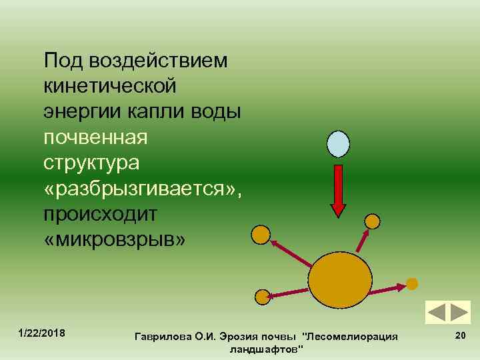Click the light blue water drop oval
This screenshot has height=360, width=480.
[x=338, y=143]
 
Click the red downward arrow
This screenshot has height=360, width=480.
[x=339, y=189]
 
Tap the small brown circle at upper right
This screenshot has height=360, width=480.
[x=373, y=221]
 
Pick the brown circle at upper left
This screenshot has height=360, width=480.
[x=260, y=234]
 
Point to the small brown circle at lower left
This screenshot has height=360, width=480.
[x=263, y=297]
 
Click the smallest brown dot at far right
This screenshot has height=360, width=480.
[x=412, y=283]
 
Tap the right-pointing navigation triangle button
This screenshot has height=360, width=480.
[x=459, y=313]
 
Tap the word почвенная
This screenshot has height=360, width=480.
[x=97, y=139]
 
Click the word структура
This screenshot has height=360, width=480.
[x=91, y=163]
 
